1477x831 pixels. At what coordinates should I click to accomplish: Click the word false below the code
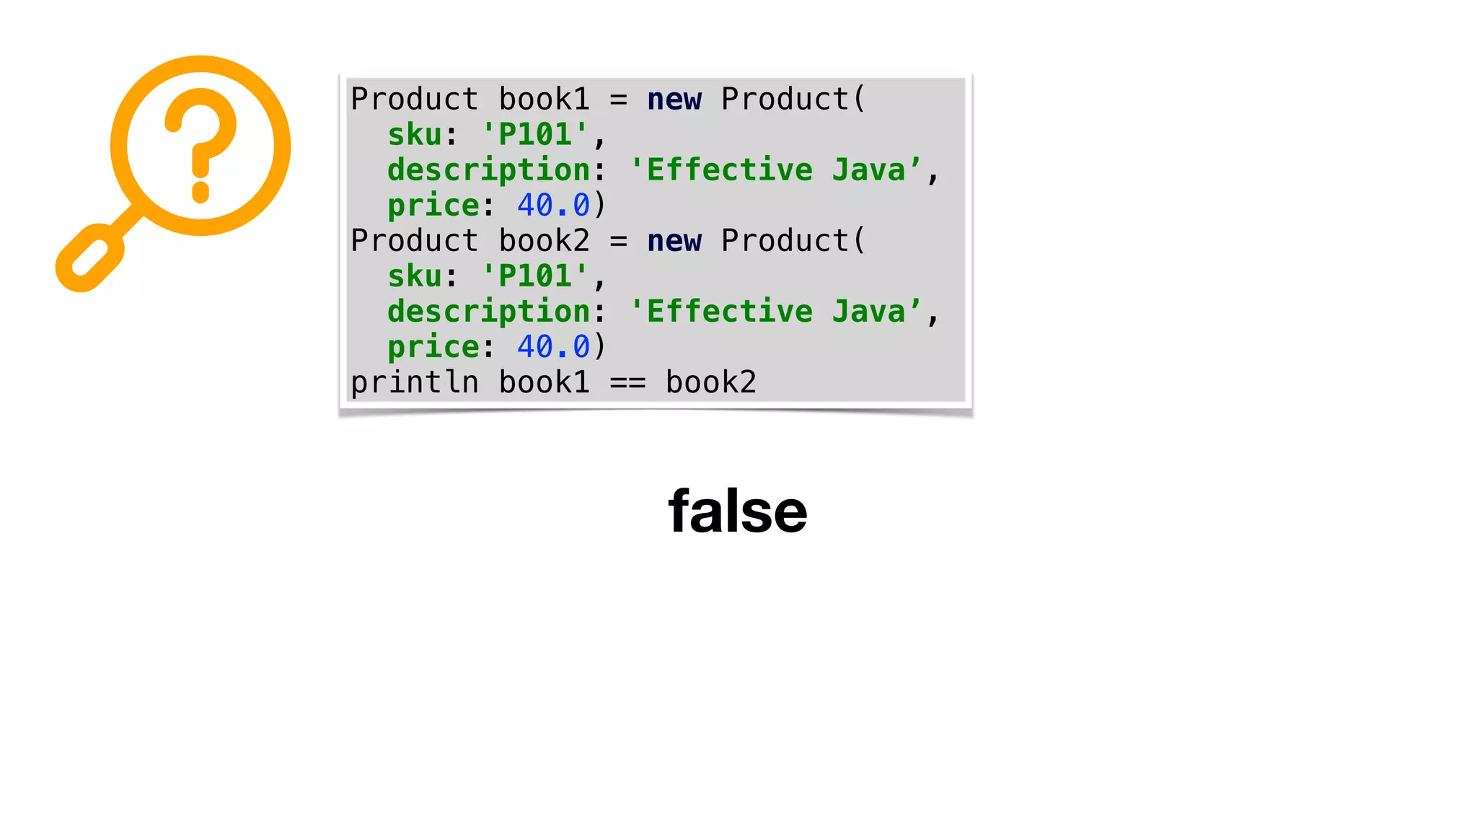(737, 511)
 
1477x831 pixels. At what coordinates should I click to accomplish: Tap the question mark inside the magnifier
(200, 144)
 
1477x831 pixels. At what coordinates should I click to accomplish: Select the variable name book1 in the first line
(544, 100)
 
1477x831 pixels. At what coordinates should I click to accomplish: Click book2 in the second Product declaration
(544, 241)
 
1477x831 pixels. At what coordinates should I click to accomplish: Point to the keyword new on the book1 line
(674, 100)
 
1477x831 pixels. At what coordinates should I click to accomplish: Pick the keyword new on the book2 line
(674, 241)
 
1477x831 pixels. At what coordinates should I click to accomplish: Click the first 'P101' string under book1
(535, 135)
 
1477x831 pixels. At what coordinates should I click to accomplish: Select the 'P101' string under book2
(535, 276)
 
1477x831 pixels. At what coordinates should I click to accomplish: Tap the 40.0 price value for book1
(553, 206)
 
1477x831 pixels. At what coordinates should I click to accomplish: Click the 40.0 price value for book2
(553, 347)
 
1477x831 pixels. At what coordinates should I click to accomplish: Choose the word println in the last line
(415, 382)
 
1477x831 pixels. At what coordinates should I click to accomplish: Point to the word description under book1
(489, 170)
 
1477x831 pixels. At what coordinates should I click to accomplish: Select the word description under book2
(489, 312)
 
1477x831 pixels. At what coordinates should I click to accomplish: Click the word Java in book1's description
(868, 170)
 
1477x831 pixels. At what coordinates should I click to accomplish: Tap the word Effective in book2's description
(729, 312)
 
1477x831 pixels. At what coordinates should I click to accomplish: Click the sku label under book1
(415, 135)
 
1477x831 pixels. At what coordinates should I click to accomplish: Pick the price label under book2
(433, 347)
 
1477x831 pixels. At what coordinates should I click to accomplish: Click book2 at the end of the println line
(710, 382)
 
